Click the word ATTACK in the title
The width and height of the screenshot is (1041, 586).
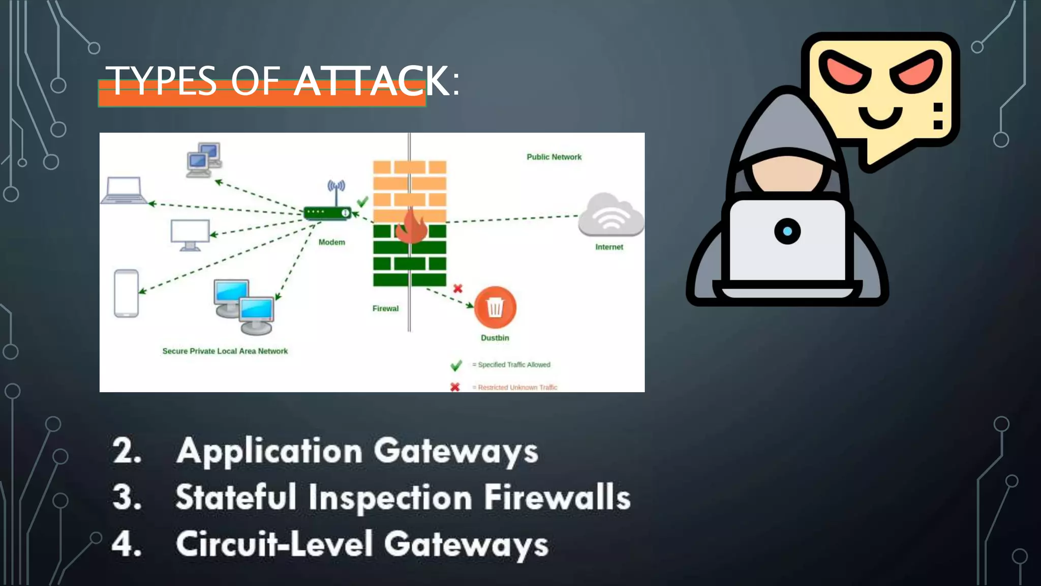[x=371, y=81]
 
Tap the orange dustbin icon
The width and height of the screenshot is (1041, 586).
[x=495, y=307]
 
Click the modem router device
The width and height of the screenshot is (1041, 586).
[x=327, y=212]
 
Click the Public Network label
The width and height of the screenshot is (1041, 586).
[x=554, y=157]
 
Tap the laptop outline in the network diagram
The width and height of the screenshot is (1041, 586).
[x=124, y=190]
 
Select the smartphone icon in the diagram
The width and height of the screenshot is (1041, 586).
[x=127, y=294]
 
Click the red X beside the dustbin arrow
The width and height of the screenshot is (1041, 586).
[x=457, y=288]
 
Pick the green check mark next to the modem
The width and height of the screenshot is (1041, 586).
[x=362, y=202]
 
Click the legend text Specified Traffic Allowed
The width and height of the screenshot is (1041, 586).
[x=514, y=365]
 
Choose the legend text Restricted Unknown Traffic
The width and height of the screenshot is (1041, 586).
[x=517, y=388]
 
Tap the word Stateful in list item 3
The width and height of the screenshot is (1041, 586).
[x=235, y=497]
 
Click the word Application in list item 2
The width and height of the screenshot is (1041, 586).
[x=269, y=451]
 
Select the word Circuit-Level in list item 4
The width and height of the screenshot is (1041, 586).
[x=274, y=544]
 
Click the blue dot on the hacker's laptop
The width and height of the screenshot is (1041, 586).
[x=787, y=231]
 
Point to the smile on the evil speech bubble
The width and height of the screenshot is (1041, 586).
[x=880, y=116]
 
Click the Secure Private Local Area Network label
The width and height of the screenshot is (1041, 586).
[x=225, y=351]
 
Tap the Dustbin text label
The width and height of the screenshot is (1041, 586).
[x=495, y=338]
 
